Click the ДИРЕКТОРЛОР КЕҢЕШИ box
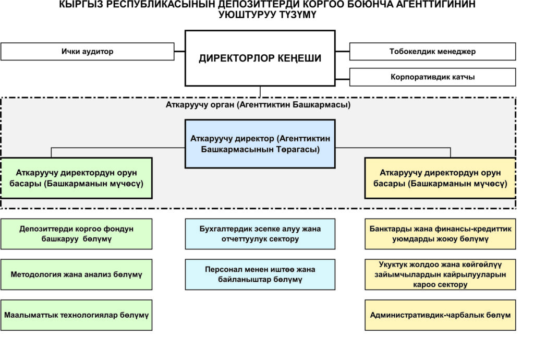[260, 58]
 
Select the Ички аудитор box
[87, 52]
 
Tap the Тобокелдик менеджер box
[432, 52]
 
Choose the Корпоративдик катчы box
[432, 77]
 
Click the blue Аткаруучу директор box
[260, 143]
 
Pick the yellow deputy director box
[440, 178]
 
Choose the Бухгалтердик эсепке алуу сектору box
[260, 234]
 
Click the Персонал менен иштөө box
[260, 274]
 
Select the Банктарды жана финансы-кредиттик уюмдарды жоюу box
[440, 234]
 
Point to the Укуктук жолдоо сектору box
[440, 274]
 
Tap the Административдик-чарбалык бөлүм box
[440, 315]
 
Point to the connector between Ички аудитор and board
[179, 52]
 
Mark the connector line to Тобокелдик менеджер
[342, 52]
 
